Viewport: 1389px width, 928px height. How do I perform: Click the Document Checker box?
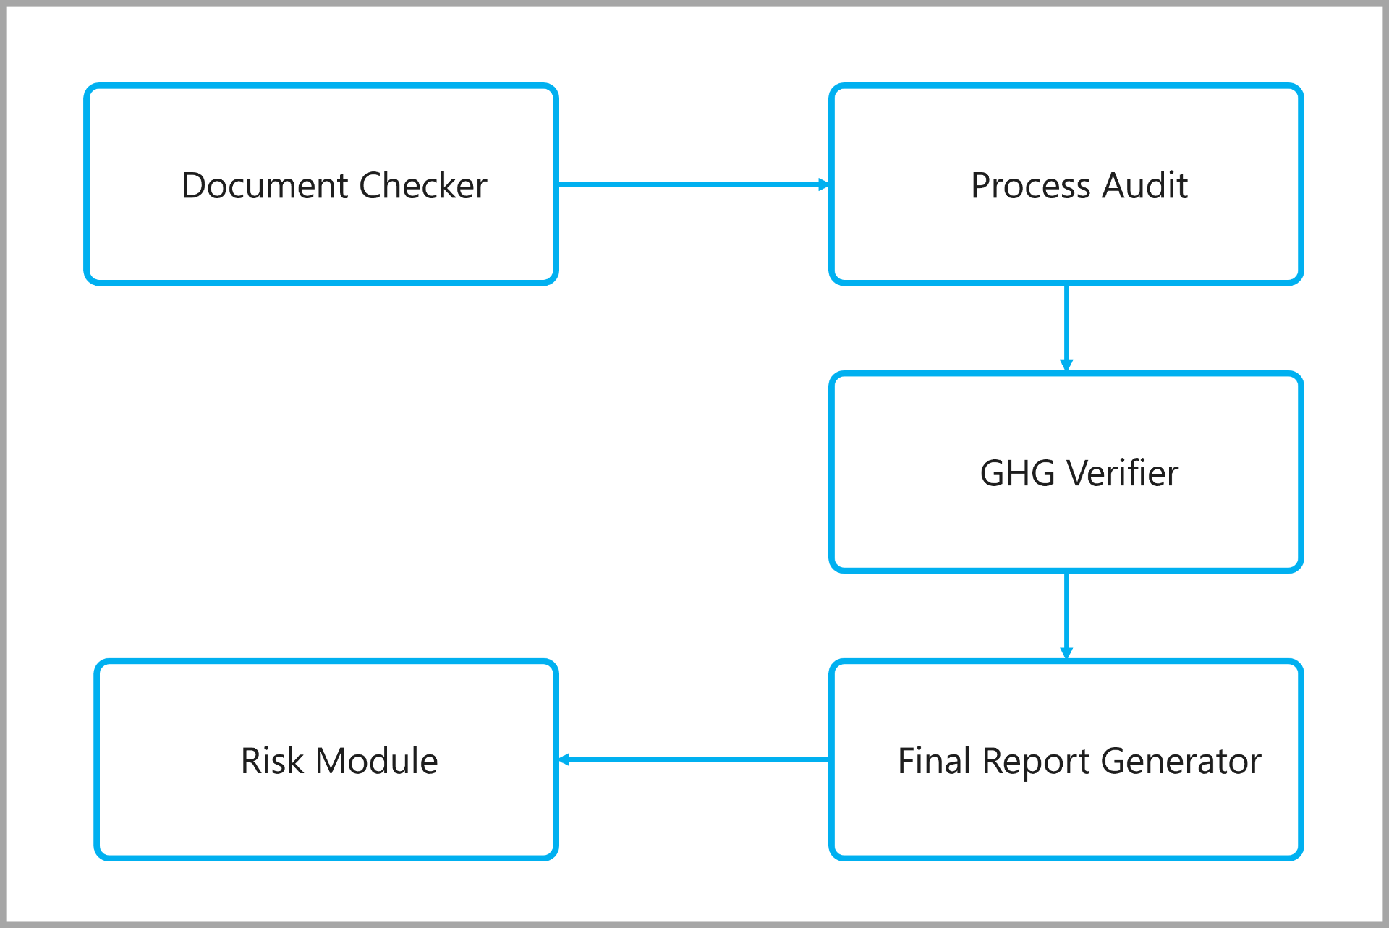click(x=321, y=184)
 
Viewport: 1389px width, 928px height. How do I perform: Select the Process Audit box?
click(x=1066, y=184)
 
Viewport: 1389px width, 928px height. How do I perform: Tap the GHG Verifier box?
click(x=1066, y=472)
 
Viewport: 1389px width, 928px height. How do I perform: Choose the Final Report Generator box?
click(x=1066, y=759)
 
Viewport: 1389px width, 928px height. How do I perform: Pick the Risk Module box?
click(x=326, y=759)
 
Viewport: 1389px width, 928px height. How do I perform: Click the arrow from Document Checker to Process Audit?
click(x=694, y=184)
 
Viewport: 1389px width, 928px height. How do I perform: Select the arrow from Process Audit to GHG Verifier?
click(x=1066, y=328)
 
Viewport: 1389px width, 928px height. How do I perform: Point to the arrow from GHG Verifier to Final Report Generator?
click(x=1066, y=616)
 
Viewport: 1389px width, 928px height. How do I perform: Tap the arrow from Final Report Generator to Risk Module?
click(x=694, y=759)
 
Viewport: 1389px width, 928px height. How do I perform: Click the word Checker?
click(x=423, y=185)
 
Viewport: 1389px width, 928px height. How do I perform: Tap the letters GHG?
click(x=1018, y=473)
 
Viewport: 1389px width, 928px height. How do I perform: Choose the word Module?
click(x=377, y=761)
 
